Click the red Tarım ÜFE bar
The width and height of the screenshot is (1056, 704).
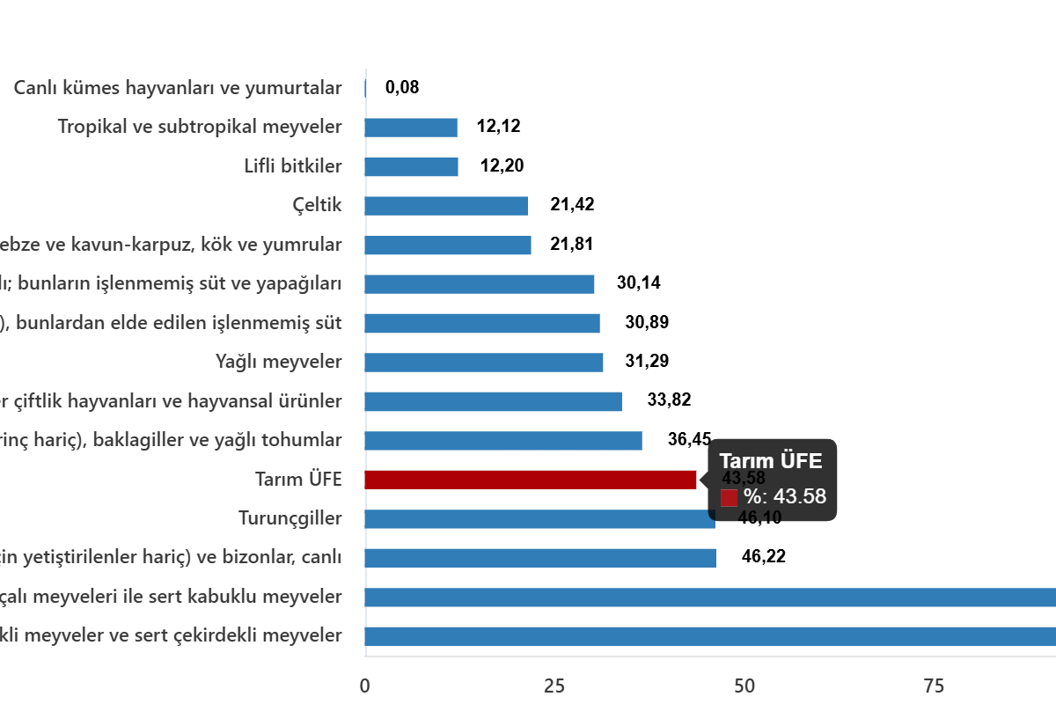coord(531,480)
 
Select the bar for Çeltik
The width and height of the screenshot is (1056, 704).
coord(446,206)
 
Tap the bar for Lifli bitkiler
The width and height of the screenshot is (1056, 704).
coord(411,167)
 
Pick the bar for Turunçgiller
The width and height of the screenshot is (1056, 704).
coord(539,519)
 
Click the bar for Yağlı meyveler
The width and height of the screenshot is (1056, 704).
coord(484,363)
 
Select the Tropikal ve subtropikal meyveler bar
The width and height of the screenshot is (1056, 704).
coord(411,128)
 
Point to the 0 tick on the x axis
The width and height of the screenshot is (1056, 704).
coord(365,686)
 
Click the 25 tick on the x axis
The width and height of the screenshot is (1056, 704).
coord(554,686)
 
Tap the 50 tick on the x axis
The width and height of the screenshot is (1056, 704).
coord(744,686)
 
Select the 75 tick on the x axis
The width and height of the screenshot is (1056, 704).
coord(933,686)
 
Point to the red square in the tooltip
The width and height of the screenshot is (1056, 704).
coord(729,498)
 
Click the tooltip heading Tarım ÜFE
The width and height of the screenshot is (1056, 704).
coord(771,461)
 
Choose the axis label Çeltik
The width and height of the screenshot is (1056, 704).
coord(317,206)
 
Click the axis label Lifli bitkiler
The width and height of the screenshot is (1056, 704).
coord(292,166)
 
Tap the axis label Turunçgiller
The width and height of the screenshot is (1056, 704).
coord(290,518)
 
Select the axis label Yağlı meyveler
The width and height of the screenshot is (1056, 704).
coord(278,362)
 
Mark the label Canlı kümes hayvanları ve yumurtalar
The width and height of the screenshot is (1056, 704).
coord(178,88)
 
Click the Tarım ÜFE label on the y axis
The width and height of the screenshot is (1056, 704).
coord(297,480)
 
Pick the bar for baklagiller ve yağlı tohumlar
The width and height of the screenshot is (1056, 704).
coord(503,441)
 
